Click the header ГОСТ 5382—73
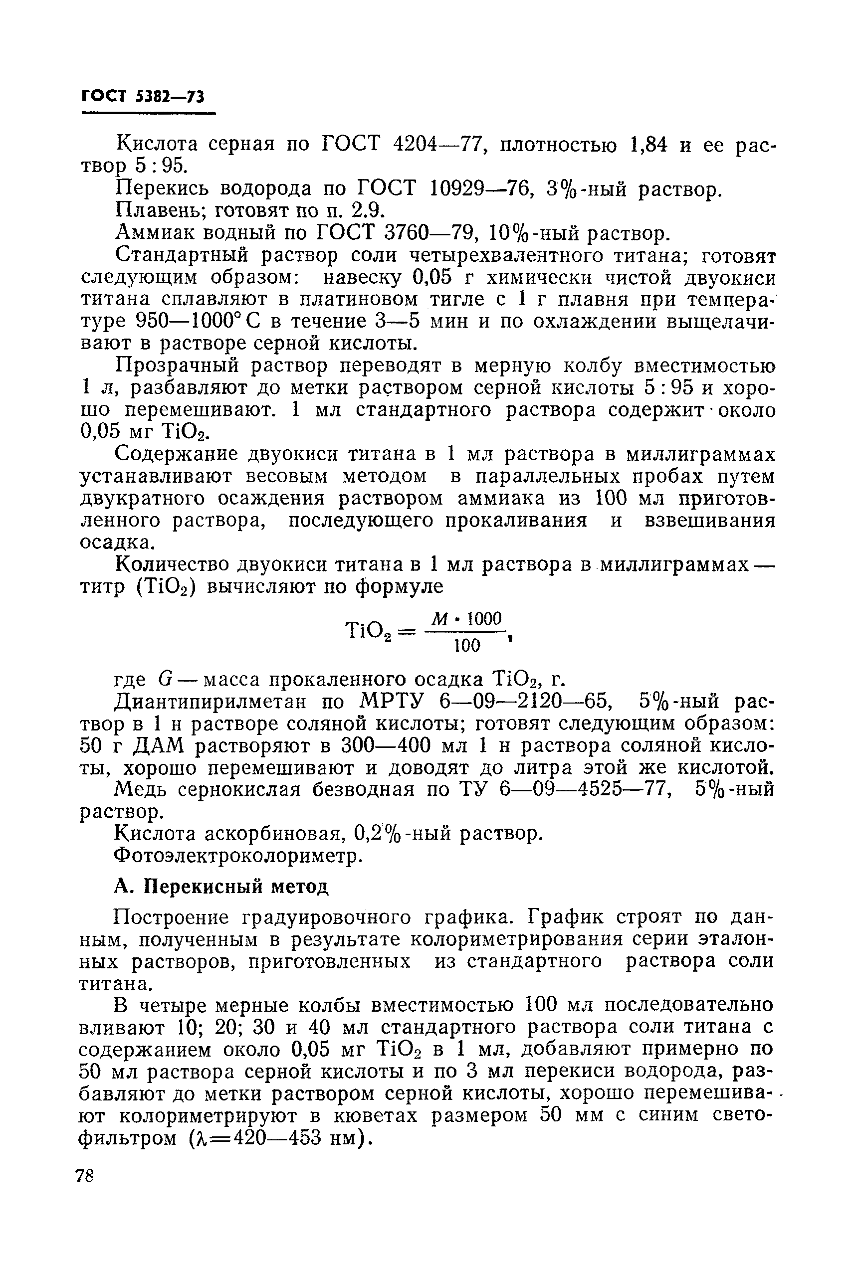click(x=143, y=96)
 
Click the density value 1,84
click(x=648, y=145)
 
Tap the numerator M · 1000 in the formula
click(x=465, y=619)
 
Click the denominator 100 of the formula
click(x=467, y=646)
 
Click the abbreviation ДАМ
click(x=148, y=746)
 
